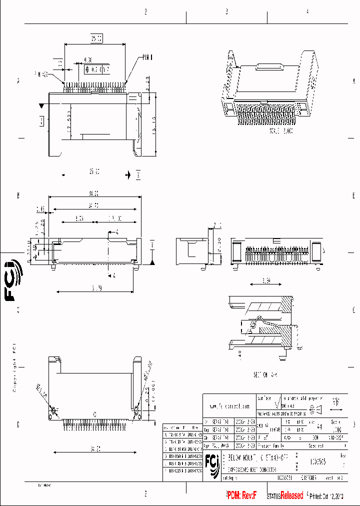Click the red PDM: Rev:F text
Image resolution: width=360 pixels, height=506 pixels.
click(242, 495)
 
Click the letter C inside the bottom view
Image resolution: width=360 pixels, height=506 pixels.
click(95, 414)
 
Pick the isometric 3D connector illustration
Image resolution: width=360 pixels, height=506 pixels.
click(270, 92)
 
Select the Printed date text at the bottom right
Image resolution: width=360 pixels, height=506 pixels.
click(326, 496)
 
